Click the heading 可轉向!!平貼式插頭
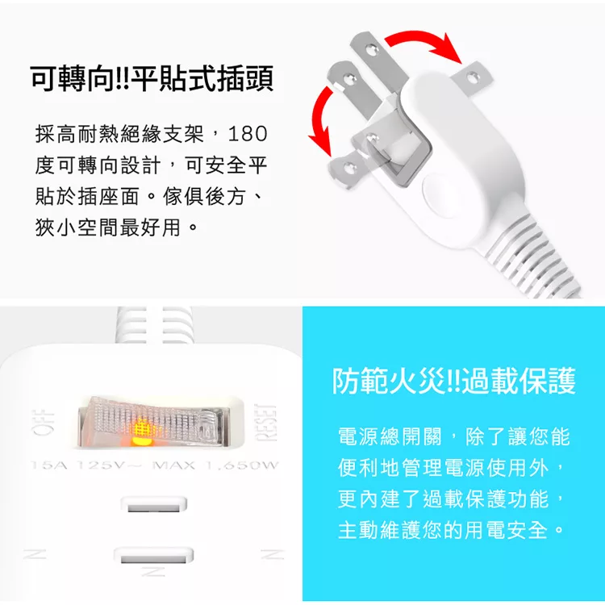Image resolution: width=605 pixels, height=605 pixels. click(152, 79)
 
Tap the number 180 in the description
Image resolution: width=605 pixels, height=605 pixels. click(248, 133)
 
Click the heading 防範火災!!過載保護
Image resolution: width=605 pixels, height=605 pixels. click(453, 381)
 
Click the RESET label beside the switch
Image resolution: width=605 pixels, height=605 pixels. click(266, 423)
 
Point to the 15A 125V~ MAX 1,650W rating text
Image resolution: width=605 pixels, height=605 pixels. click(154, 465)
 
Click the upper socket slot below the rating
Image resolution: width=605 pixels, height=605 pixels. click(153, 505)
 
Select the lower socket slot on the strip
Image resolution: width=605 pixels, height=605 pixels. click(153, 556)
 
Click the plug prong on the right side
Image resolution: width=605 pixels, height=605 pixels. click(471, 79)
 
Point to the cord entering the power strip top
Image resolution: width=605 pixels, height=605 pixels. click(153, 325)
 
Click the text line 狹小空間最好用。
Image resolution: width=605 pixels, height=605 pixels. click(116, 227)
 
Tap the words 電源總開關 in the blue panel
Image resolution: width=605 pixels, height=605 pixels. click(390, 436)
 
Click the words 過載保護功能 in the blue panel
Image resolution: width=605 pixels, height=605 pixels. click(486, 499)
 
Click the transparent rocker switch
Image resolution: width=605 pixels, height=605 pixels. click(154, 423)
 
